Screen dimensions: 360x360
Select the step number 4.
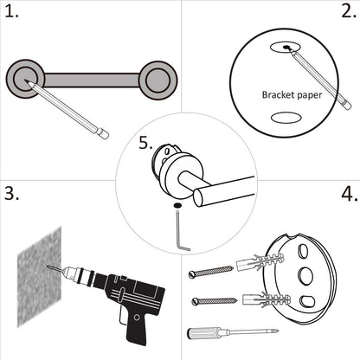(348, 194)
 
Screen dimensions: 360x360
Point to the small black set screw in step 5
(177, 204)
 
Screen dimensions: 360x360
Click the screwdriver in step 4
(229, 334)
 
